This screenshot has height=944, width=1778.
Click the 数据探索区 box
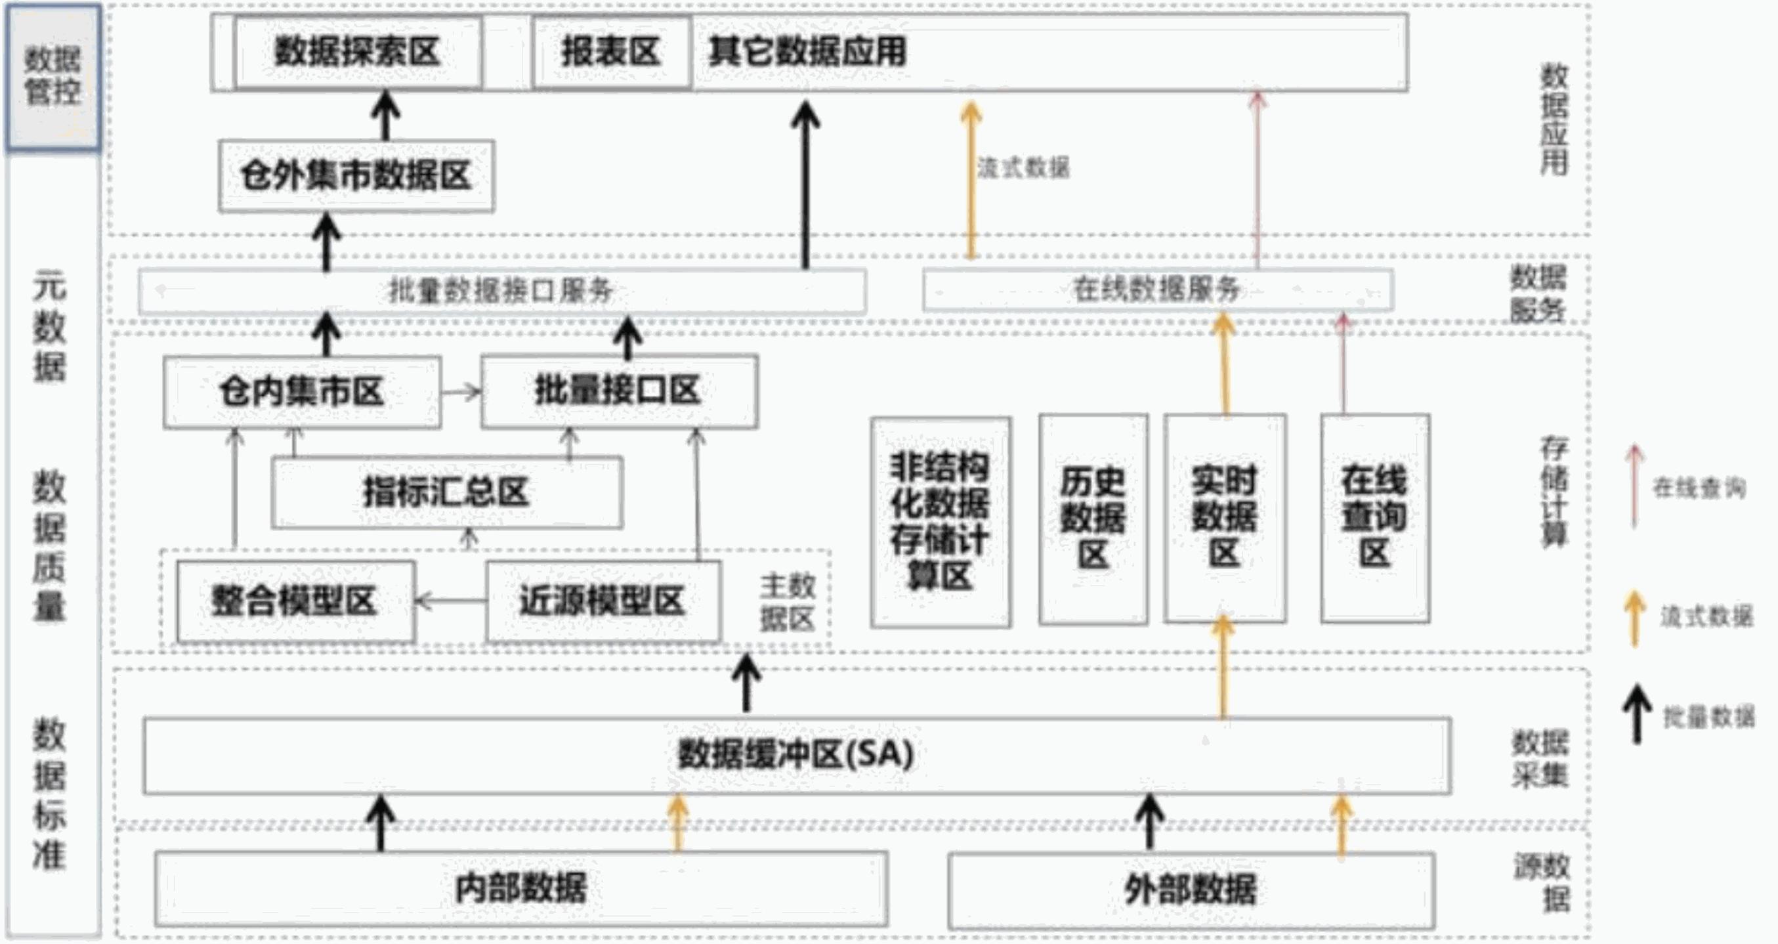pos(358,53)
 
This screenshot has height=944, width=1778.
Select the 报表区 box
pos(611,53)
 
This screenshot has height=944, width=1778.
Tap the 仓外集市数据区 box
pos(356,175)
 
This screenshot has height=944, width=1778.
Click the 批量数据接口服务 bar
pos(502,291)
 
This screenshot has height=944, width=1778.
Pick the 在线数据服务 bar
pos(1157,290)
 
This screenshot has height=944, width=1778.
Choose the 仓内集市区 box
pos(302,391)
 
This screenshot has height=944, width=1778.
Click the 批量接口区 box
pos(618,391)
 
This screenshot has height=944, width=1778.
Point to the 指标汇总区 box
pos(446,492)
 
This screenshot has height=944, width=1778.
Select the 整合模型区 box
pos(295,601)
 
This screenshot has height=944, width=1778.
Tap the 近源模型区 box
pos(603,601)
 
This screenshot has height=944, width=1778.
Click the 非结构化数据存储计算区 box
pos(940,522)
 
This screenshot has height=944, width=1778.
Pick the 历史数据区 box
pos(1093,519)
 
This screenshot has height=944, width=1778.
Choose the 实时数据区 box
pos(1225,518)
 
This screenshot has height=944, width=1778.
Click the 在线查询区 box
pos(1374,518)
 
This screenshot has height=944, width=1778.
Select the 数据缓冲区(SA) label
pos(796,755)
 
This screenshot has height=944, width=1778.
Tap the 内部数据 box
pos(521,889)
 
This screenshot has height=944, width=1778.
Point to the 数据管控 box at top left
pos(53,77)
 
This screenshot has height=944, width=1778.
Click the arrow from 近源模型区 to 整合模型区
pos(451,601)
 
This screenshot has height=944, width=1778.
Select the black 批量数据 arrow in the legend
pos(1636,715)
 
